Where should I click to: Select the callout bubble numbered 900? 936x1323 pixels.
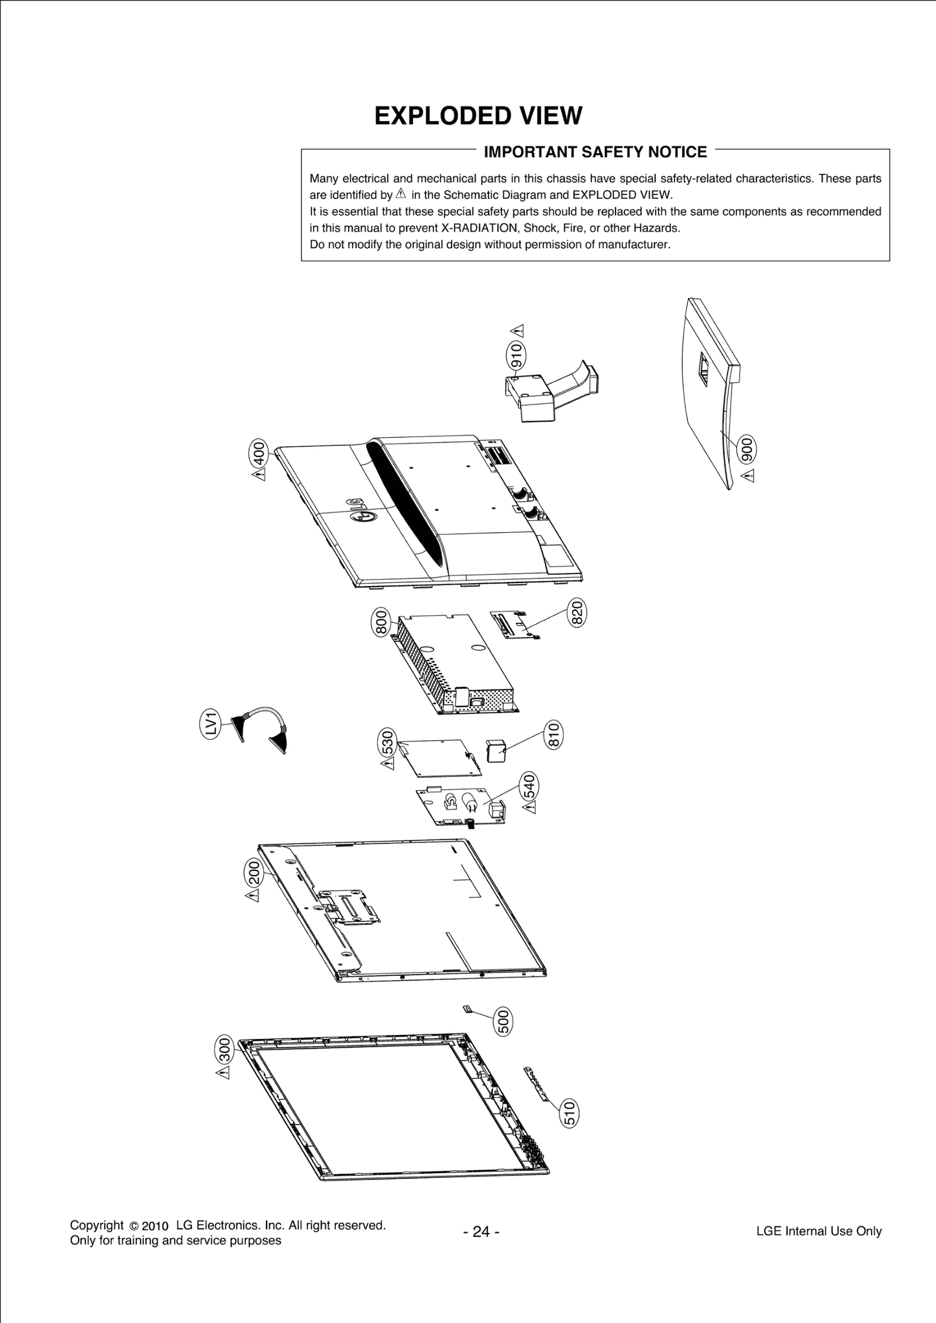[747, 450]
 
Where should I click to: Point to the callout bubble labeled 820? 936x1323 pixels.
[577, 613]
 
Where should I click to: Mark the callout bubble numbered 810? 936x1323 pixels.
[553, 735]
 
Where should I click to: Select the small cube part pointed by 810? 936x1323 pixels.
[495, 751]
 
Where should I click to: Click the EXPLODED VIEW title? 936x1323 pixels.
[478, 116]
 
